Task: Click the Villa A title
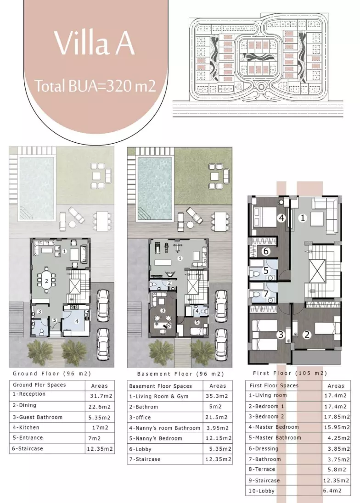(x=94, y=43)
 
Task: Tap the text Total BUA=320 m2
(x=95, y=86)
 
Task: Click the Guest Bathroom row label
(x=38, y=417)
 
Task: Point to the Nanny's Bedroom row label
(x=156, y=439)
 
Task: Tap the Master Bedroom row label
(x=274, y=427)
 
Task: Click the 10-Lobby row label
(x=261, y=491)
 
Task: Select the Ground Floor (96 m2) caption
(x=52, y=374)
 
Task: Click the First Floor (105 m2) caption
(x=290, y=373)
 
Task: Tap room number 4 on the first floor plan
(x=281, y=218)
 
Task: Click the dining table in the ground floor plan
(x=46, y=281)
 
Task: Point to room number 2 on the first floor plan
(x=307, y=335)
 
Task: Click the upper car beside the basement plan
(x=221, y=302)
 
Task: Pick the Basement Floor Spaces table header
(x=160, y=386)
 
